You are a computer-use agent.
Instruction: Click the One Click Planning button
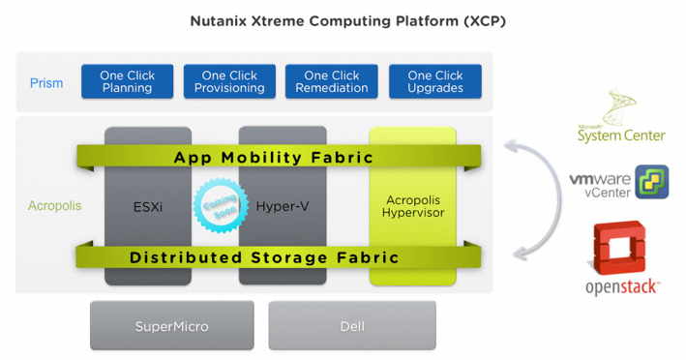pos(127,82)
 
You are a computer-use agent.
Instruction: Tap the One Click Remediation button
pos(332,82)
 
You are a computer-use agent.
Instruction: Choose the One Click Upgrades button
pos(434,82)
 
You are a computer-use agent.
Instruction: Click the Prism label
pos(45,83)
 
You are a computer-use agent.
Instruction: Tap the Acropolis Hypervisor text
pos(412,205)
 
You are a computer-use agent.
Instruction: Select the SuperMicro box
pos(171,326)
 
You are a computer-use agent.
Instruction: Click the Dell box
pos(352,326)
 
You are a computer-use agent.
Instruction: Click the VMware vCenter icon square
pos(651,181)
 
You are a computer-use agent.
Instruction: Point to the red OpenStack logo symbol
pos(620,247)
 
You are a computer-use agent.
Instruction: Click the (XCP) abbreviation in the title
pos(474,21)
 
